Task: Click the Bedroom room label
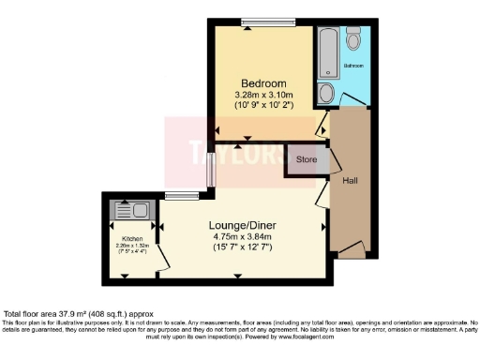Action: click(x=263, y=82)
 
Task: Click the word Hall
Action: click(x=349, y=180)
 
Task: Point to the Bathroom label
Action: click(x=353, y=67)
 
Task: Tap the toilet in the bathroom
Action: click(x=353, y=39)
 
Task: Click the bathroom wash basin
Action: click(x=325, y=93)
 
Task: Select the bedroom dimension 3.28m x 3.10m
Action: click(x=263, y=95)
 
